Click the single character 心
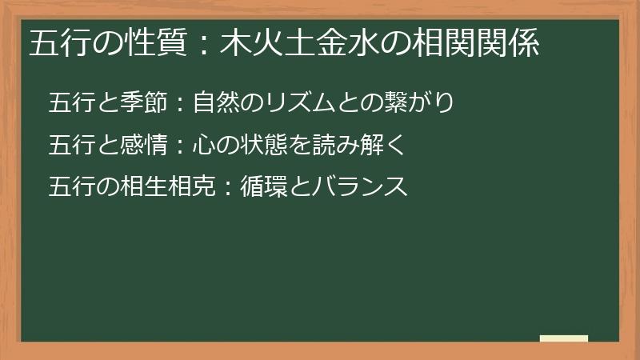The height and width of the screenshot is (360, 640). pyautogui.click(x=202, y=145)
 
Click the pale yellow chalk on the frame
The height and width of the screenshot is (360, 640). pyautogui.click(x=563, y=338)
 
